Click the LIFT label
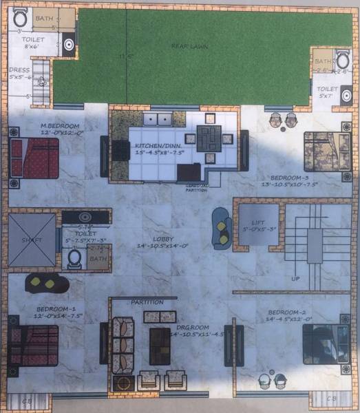click(257, 223)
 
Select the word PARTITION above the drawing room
click(147, 301)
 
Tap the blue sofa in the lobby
click(222, 227)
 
